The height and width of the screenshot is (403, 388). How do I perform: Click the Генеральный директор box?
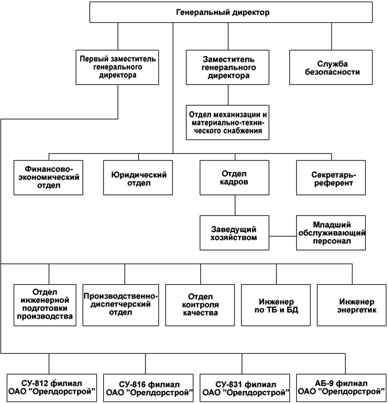(231, 12)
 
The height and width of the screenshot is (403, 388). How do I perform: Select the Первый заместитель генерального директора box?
(117, 67)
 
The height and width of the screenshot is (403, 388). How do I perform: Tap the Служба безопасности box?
(331, 67)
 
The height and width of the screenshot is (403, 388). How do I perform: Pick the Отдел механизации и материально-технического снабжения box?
(228, 122)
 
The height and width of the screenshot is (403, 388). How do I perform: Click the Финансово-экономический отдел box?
(49, 177)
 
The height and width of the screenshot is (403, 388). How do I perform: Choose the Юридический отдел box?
(138, 177)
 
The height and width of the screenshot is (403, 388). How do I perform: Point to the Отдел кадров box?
(234, 177)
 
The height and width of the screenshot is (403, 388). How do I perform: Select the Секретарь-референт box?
(331, 177)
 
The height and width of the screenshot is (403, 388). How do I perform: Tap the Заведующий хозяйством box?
(234, 233)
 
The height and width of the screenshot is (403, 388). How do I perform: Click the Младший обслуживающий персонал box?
(331, 233)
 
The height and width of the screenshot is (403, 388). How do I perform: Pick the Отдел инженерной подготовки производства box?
(45, 305)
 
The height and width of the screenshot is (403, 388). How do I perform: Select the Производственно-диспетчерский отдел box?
(121, 305)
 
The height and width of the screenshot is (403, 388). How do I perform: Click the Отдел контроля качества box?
(200, 305)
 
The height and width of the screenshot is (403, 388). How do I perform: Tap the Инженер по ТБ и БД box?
(276, 305)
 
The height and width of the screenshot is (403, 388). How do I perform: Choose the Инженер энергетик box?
(352, 305)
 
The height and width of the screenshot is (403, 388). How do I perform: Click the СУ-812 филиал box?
(52, 388)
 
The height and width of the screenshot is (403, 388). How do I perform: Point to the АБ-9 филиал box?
(341, 388)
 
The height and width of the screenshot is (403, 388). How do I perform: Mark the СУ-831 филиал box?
(245, 388)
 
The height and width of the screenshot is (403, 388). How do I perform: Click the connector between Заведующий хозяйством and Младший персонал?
(283, 236)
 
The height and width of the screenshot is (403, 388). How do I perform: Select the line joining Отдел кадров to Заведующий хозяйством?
(235, 205)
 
